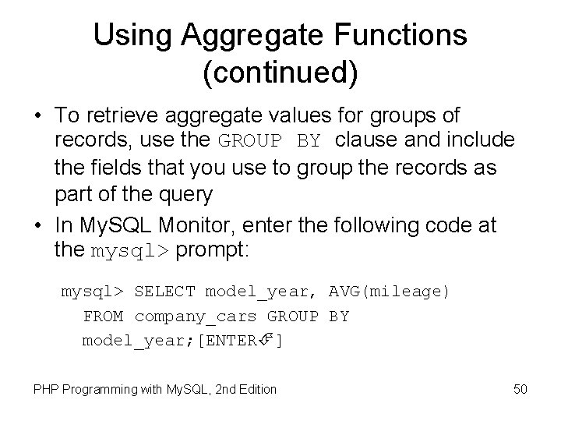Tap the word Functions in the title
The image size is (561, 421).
404,35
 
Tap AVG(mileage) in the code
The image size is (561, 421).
390,292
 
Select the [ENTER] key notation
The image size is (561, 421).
241,341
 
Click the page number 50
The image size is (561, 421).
520,388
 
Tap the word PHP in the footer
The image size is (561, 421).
46,389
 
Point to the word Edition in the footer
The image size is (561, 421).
256,389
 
